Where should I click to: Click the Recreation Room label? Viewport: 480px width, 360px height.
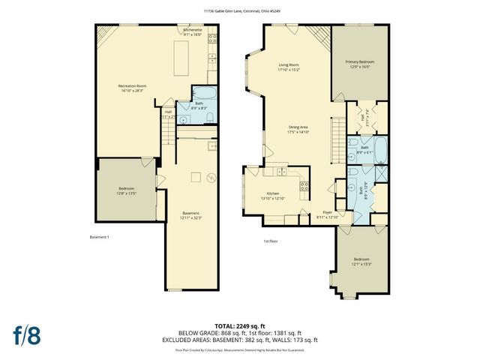(132, 86)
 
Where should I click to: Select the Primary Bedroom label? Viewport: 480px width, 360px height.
(359, 61)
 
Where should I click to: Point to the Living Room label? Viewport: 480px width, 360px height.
(289, 65)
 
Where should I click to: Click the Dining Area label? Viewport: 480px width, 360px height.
(298, 127)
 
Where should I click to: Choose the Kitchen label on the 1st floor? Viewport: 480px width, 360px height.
(272, 194)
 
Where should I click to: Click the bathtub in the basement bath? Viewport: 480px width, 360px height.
(203, 94)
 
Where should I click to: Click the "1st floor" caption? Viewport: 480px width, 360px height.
(271, 241)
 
